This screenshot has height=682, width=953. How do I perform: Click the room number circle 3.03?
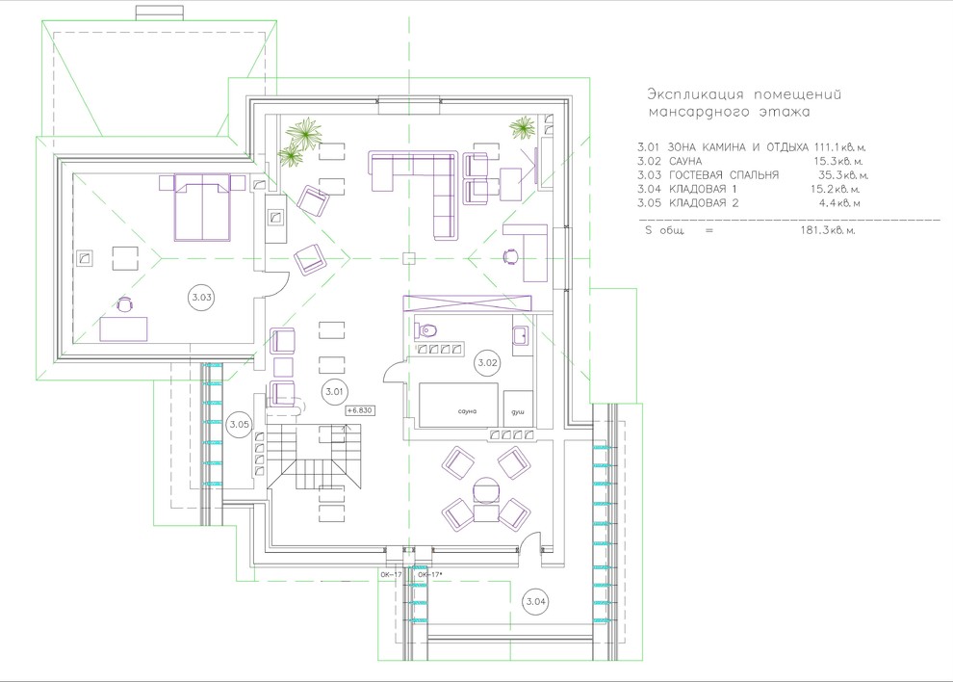[x=202, y=297]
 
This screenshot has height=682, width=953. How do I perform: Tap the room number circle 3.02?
[x=487, y=363]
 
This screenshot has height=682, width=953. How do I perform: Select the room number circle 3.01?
[x=334, y=392]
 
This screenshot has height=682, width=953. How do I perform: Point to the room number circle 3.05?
[x=239, y=424]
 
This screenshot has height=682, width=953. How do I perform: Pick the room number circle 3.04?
[x=535, y=602]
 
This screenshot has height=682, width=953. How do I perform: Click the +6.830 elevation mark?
[x=360, y=410]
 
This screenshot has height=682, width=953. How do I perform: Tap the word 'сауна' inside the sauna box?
[x=468, y=411]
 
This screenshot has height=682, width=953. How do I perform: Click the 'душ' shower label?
[x=517, y=412]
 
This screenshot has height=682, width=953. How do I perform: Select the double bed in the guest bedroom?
[x=202, y=207]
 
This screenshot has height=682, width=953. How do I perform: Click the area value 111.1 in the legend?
[x=827, y=147]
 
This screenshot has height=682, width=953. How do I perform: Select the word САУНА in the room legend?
[x=685, y=161]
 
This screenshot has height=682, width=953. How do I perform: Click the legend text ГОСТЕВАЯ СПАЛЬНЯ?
[x=723, y=175]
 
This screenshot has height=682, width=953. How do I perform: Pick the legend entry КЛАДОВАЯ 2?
[x=704, y=203]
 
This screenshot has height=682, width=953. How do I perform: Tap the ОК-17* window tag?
[x=429, y=574]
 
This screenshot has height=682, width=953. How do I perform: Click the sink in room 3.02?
[x=520, y=334]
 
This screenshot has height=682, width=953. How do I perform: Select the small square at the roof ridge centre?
[x=409, y=258]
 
